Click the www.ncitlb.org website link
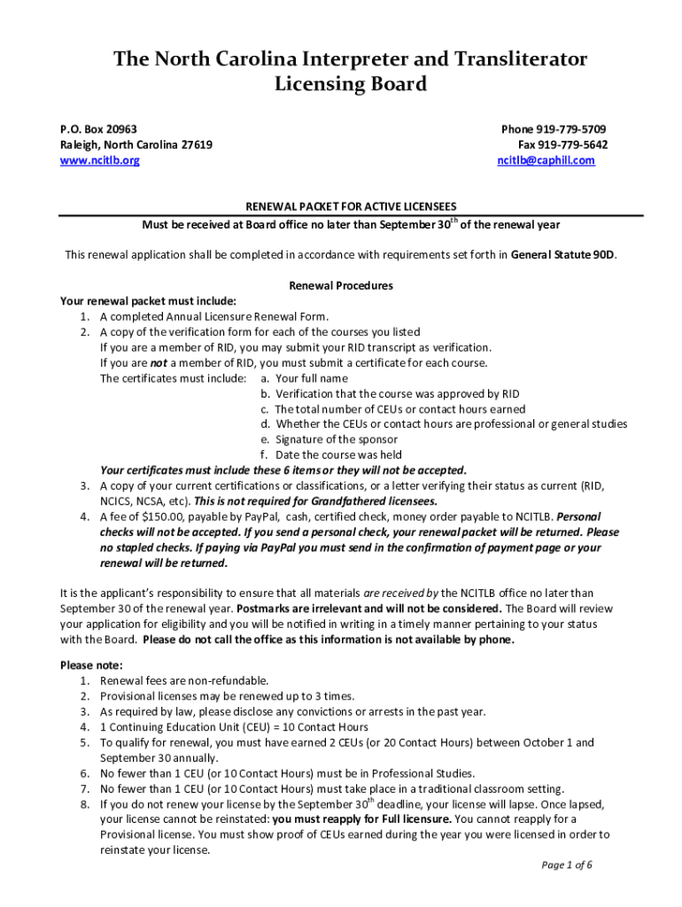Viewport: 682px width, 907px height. (x=99, y=160)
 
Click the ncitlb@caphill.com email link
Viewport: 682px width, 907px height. (x=546, y=160)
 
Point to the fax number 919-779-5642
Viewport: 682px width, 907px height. (x=572, y=144)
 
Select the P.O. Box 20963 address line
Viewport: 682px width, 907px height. (x=98, y=128)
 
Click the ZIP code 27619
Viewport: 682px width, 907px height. (x=195, y=144)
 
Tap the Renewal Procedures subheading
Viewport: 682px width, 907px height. (x=341, y=286)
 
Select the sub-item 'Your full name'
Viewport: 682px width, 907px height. (x=311, y=378)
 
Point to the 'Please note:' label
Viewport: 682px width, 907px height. (x=91, y=665)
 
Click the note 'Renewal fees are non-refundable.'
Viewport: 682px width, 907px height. (x=184, y=680)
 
